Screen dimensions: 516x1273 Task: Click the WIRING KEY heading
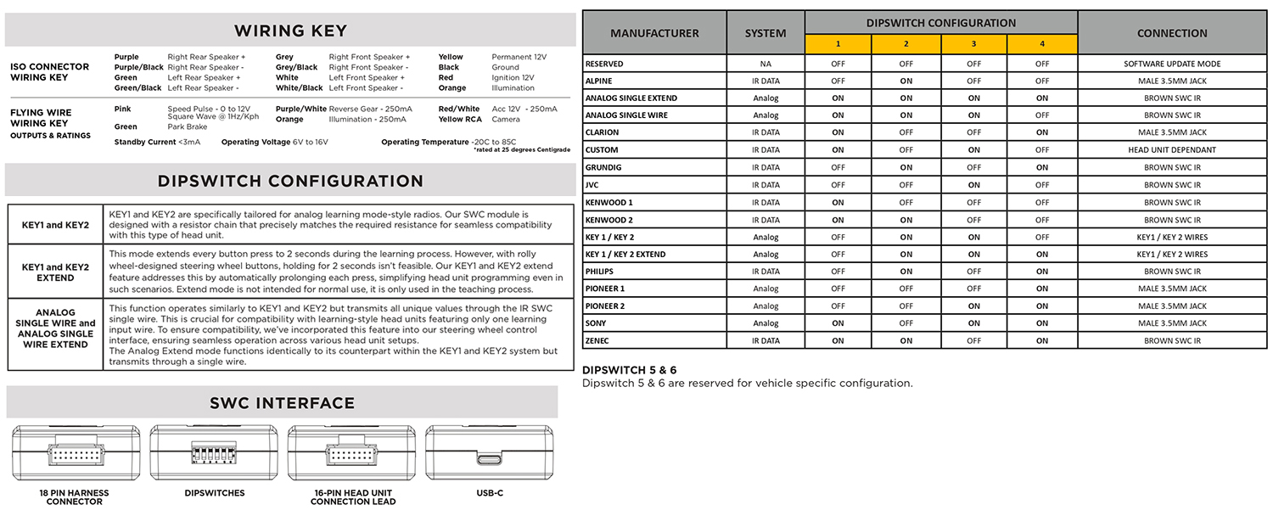pyautogui.click(x=290, y=31)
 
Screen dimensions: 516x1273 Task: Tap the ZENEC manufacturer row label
pyautogui.click(x=597, y=340)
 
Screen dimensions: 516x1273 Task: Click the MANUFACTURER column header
pyautogui.click(x=654, y=33)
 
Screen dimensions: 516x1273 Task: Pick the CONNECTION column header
pyautogui.click(x=1172, y=33)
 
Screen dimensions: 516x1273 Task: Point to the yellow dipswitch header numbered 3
pyautogui.click(x=973, y=44)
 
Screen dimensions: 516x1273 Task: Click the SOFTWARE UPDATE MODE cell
pyautogui.click(x=1172, y=64)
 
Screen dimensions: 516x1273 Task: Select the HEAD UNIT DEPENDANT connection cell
pyautogui.click(x=1172, y=150)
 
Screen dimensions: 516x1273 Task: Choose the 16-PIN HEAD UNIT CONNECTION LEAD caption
pyautogui.click(x=352, y=497)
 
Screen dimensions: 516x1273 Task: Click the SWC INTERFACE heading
pyautogui.click(x=282, y=403)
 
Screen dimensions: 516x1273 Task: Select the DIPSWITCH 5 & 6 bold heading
pyautogui.click(x=629, y=370)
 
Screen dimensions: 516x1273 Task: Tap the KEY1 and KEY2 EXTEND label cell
pyautogui.click(x=55, y=272)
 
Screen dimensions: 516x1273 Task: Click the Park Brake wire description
pyautogui.click(x=187, y=127)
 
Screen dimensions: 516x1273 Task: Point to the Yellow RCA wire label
pyautogui.click(x=459, y=120)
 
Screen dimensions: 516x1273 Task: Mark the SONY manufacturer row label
pyautogui.click(x=596, y=323)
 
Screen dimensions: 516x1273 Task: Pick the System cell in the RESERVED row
pyautogui.click(x=765, y=64)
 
